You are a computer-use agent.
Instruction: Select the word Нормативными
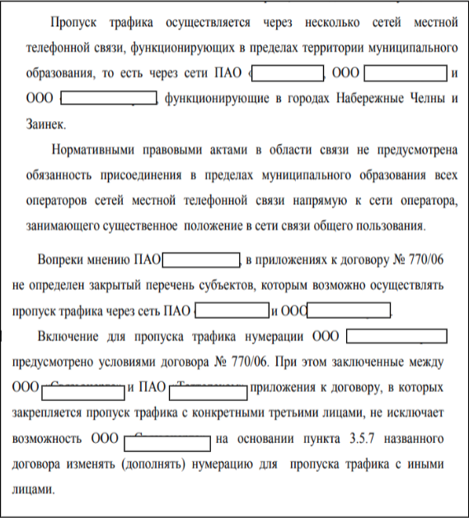92,151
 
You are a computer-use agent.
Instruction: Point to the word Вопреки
61,260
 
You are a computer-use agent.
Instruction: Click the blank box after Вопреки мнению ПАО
200,260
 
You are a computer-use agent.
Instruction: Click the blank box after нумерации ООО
396,337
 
